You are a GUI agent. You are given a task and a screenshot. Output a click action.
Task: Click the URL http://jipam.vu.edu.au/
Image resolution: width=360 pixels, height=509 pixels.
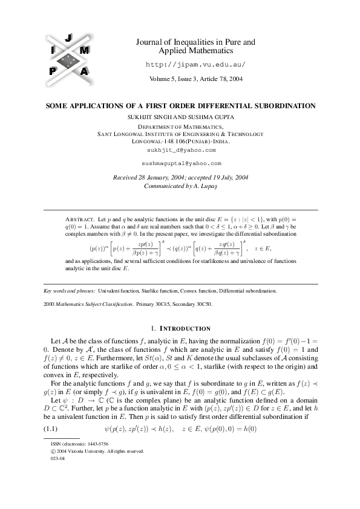pyautogui.click(x=196, y=64)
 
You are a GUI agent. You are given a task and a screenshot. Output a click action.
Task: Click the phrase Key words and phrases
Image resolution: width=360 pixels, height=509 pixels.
pyautogui.click(x=70, y=291)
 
